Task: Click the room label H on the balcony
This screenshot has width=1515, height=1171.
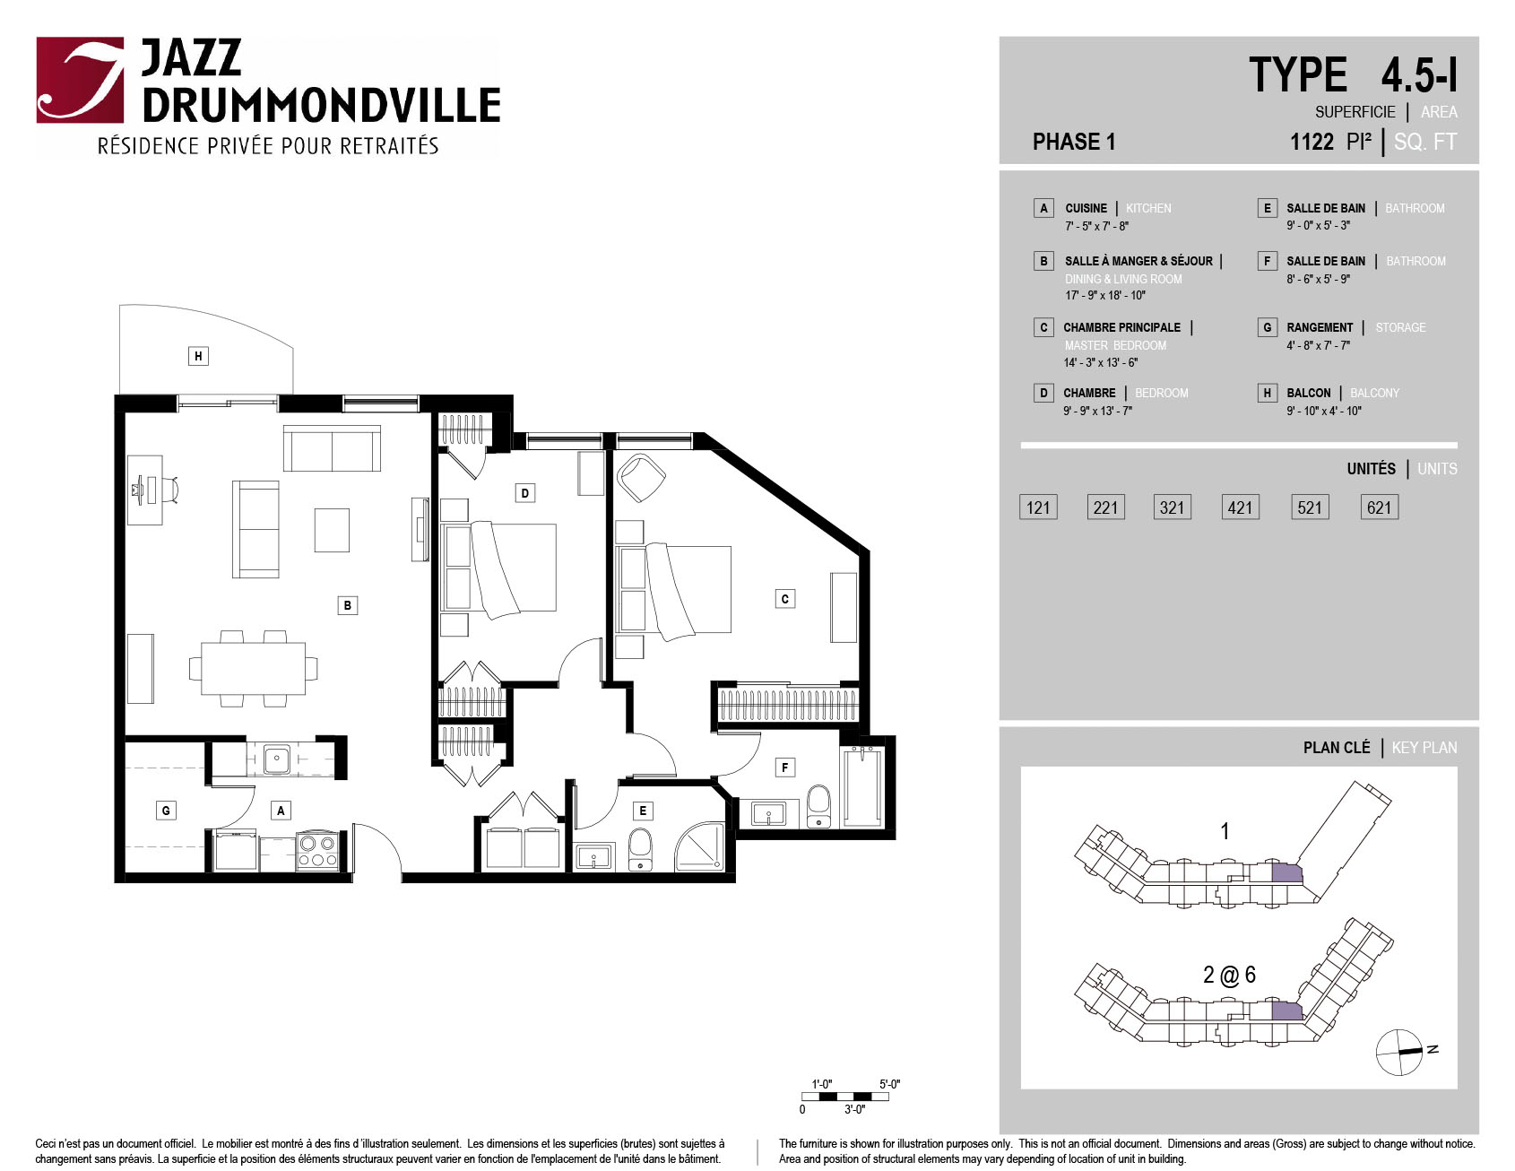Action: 198,356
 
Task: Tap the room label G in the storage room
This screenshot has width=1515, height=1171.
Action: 165,811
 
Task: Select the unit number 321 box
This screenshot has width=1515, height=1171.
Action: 1172,507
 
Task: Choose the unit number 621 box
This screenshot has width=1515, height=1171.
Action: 1379,507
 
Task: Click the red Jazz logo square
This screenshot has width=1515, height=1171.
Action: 80,80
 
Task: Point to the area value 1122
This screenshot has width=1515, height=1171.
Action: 1312,142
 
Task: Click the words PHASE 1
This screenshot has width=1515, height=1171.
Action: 1074,142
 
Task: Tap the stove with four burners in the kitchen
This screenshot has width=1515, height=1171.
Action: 317,851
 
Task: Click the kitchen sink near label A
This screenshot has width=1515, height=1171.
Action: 277,759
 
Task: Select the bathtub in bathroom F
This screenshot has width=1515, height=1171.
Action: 862,786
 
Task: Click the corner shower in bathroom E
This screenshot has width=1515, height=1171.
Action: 699,846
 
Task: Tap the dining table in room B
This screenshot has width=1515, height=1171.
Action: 253,668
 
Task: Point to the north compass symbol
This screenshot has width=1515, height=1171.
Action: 1400,1052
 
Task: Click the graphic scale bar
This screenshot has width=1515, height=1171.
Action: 845,1097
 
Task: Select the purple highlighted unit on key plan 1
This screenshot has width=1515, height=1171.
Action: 1286,872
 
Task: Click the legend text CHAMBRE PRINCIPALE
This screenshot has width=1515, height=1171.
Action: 1121,327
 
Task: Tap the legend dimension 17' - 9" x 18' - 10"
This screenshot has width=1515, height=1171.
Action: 1105,295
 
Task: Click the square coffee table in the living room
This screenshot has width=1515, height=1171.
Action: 332,530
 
